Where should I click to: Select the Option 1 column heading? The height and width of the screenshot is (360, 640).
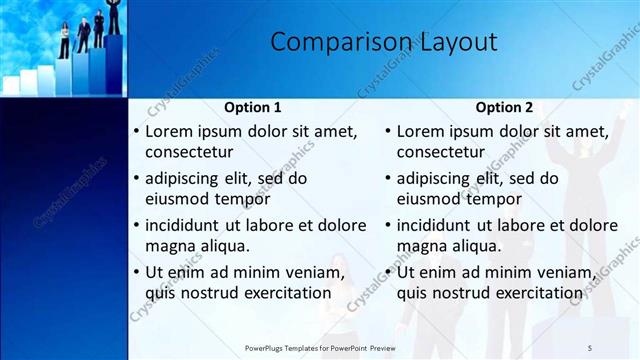252,107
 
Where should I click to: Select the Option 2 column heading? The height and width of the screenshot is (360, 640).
505,107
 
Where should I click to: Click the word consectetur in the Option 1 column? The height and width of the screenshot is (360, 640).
190,152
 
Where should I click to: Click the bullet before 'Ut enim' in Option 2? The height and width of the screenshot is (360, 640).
388,272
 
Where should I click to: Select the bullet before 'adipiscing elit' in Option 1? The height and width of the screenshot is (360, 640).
136,178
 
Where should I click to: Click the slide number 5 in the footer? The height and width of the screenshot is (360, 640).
590,347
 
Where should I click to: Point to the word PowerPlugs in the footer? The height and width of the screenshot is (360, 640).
267,347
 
